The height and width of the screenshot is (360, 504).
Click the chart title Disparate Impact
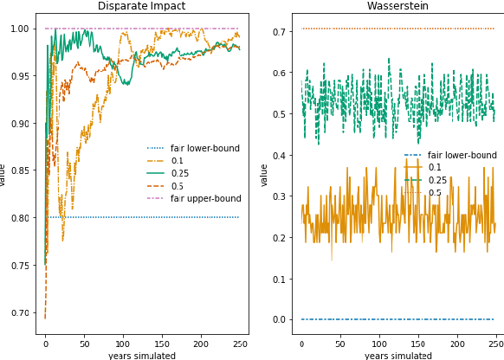pyautogui.click(x=141, y=7)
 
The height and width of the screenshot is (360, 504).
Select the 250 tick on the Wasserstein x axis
pyautogui.click(x=494, y=344)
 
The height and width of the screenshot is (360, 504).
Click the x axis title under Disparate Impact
pyautogui.click(x=141, y=355)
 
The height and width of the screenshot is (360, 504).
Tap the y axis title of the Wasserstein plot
pyautogui.click(x=264, y=175)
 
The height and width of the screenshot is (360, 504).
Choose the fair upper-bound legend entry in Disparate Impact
pyautogui.click(x=206, y=198)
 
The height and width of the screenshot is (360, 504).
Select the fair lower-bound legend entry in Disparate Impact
pyautogui.click(x=205, y=148)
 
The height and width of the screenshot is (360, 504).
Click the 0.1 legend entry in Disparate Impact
pyautogui.click(x=178, y=161)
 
